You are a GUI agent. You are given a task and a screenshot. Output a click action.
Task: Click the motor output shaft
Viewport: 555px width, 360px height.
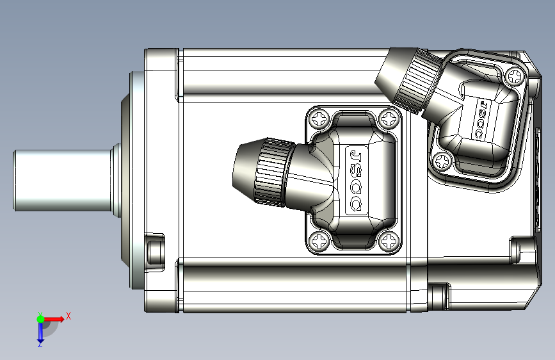(x=64, y=181)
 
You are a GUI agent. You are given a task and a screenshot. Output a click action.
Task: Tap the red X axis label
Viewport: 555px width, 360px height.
(x=68, y=316)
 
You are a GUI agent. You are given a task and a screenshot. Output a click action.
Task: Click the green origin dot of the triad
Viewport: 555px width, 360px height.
(x=41, y=319)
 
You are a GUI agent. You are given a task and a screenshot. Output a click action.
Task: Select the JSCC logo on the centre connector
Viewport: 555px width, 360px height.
(x=356, y=181)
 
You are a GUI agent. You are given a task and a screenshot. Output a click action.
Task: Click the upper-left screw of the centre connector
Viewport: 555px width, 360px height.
(x=320, y=119)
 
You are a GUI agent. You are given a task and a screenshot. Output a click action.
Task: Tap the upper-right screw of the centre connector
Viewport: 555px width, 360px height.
(x=389, y=119)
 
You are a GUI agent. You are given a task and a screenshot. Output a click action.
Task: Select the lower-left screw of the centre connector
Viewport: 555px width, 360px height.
(x=320, y=241)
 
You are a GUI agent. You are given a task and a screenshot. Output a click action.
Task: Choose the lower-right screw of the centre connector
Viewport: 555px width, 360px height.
(x=389, y=241)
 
